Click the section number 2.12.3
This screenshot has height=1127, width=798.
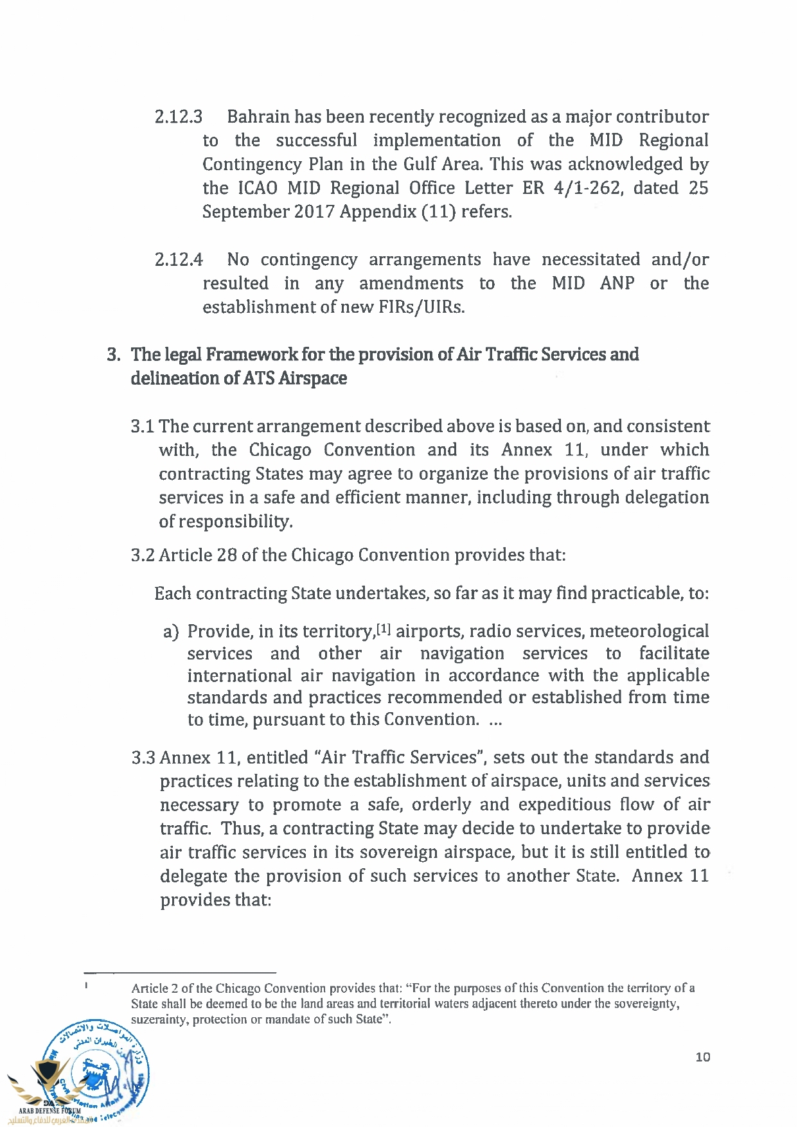pyautogui.click(x=179, y=117)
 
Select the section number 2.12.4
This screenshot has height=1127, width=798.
pyautogui.click(x=179, y=260)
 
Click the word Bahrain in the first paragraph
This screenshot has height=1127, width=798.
pyautogui.click(x=258, y=117)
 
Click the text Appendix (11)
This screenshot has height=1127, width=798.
pyautogui.click(x=398, y=212)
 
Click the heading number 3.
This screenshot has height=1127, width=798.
pyautogui.click(x=113, y=355)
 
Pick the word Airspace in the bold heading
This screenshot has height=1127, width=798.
pyautogui.click(x=312, y=379)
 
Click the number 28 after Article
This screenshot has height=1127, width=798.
pyautogui.click(x=227, y=555)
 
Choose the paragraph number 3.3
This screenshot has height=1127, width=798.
pyautogui.click(x=143, y=758)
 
